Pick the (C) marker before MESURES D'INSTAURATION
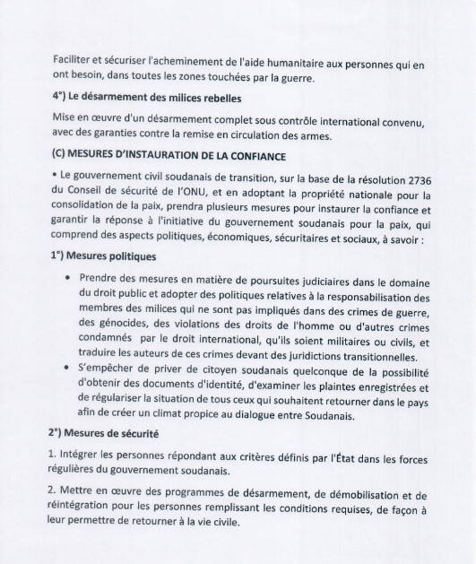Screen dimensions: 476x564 pyautogui.click(x=62, y=153)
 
